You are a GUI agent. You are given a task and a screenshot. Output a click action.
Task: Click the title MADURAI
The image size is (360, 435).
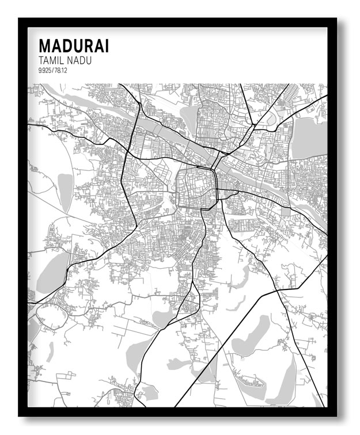(73, 46)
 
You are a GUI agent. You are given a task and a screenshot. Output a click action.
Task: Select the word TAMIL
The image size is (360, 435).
(51, 60)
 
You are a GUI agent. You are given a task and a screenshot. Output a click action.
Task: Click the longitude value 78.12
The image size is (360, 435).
(62, 70)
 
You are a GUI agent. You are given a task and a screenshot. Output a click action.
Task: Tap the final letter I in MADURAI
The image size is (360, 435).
(106, 46)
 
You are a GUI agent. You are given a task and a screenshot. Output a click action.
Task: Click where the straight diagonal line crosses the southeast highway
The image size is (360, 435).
(278, 290)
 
